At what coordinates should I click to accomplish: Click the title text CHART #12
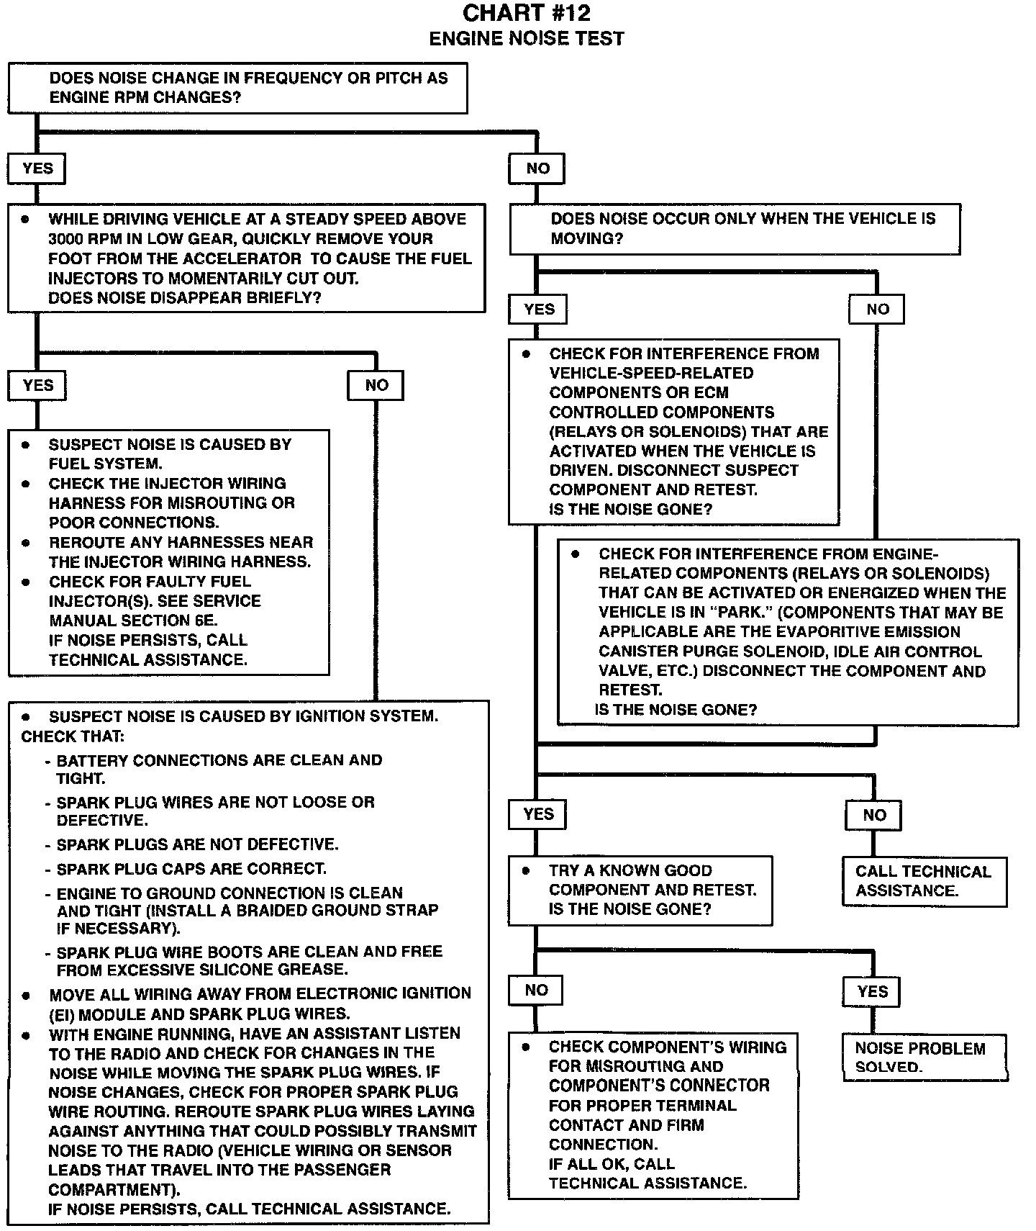click(526, 13)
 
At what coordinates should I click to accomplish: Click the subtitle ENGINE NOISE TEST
click(526, 39)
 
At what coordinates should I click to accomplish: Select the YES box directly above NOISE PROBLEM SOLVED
click(872, 992)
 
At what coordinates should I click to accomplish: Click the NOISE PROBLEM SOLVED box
click(924, 1058)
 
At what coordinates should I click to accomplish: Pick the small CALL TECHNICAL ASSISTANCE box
click(924, 881)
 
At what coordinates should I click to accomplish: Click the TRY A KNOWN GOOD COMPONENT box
click(640, 890)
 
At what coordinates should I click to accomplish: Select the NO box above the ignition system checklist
click(376, 385)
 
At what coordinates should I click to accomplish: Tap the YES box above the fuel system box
click(37, 385)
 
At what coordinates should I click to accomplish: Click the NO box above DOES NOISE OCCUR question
click(537, 168)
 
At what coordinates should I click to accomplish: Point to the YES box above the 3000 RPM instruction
click(37, 168)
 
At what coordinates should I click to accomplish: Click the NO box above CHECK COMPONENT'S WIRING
click(536, 991)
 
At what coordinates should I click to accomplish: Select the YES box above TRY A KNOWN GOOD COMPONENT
click(538, 814)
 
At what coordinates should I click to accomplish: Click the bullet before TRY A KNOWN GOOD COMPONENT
click(526, 870)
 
